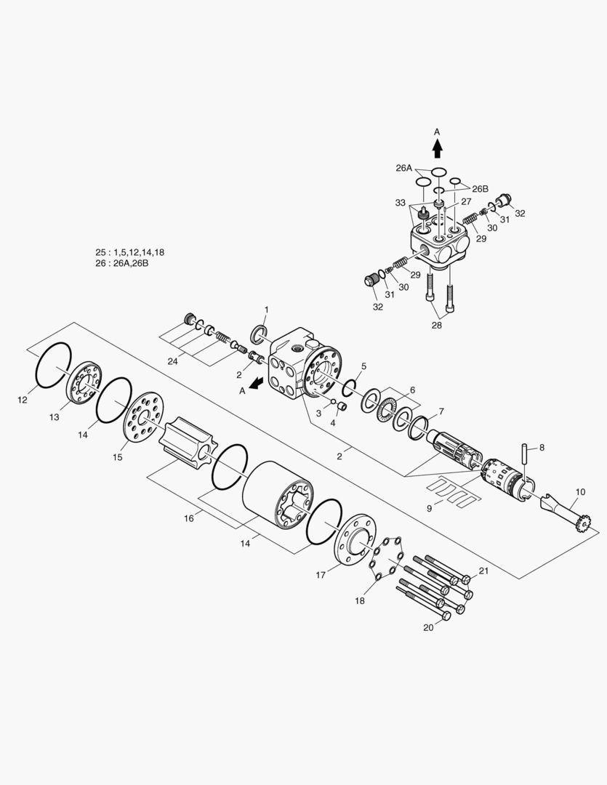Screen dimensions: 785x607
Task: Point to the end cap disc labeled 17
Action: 356,538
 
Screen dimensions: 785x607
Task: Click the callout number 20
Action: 428,627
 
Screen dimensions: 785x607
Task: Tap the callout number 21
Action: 483,571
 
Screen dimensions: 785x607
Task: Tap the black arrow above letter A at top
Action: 437,148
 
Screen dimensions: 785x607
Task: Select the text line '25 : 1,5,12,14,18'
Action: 130,251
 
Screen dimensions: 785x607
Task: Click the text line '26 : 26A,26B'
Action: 122,263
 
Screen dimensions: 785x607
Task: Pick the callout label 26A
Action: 404,168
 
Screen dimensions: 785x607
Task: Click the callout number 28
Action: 437,326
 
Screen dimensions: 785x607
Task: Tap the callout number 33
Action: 401,204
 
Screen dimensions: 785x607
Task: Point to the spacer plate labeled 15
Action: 142,418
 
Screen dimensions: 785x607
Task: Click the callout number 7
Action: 441,411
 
